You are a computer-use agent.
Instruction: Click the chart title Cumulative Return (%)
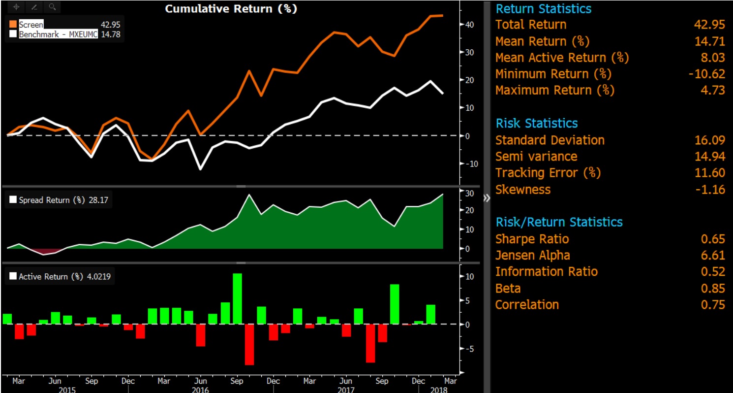[231, 9]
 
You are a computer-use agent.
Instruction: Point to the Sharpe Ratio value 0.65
[713, 239]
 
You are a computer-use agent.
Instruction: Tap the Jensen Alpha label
[533, 256]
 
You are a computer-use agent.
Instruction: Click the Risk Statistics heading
[536, 123]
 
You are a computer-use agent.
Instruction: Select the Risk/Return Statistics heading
[559, 222]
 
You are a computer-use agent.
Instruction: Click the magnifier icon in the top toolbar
[52, 7]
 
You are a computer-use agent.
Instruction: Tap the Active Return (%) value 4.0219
[99, 277]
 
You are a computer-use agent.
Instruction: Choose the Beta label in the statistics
[508, 288]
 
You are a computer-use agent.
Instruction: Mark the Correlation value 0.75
[713, 305]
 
